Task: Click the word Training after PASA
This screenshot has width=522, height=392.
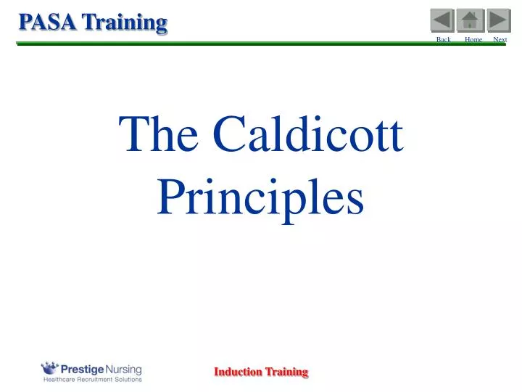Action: point(124,22)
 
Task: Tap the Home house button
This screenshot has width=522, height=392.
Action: point(470,20)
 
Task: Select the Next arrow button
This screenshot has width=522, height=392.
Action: point(498,20)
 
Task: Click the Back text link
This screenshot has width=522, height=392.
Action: point(443,39)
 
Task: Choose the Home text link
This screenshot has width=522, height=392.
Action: point(473,39)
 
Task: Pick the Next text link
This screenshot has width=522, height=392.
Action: point(500,39)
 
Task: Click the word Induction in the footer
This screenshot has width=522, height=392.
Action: point(238,372)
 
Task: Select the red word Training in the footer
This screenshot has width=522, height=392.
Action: point(286,372)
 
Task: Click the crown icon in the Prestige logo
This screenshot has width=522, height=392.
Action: point(50,367)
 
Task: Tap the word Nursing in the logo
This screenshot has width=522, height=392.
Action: point(125,368)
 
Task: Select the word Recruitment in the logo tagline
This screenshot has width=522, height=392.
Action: point(98,379)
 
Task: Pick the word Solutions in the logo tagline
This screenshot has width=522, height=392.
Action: point(130,379)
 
